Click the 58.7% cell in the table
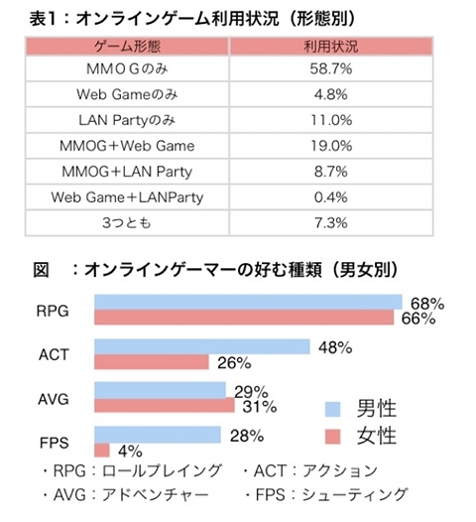pos(331,68)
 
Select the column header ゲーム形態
pos(127,47)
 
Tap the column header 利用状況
pos(331,47)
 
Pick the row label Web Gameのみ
pos(127,94)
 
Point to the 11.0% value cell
pos(331,120)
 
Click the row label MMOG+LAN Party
pos(127,172)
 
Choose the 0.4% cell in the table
pos(331,197)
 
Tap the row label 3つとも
pos(127,222)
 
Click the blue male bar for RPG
pos(248,302)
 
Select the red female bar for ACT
pos(152,362)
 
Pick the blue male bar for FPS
pos(158,435)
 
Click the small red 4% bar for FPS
pos(102,451)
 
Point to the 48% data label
pos(335,347)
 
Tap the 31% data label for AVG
pos(260,407)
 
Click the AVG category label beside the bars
pos(54,399)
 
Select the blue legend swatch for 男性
pos(332,410)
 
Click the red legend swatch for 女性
pos(332,437)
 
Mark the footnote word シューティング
pos(355,494)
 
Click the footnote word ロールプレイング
pos(162,470)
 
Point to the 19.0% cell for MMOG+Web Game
pos(331,146)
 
